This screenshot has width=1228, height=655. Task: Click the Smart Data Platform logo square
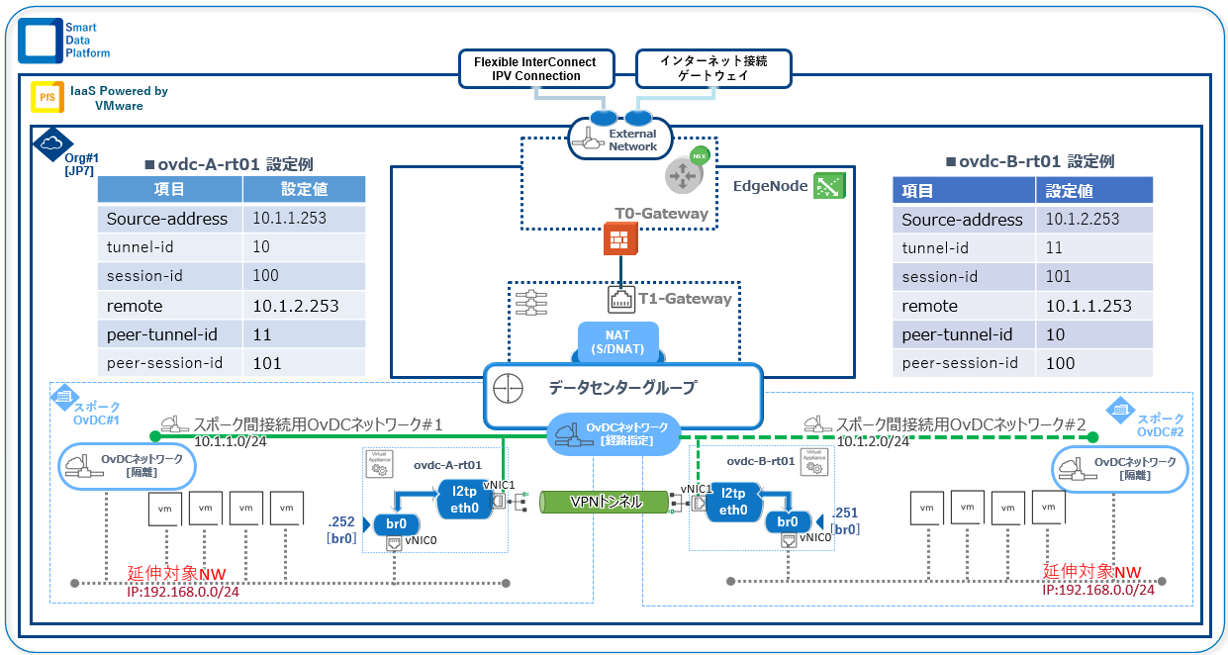pyautogui.click(x=39, y=39)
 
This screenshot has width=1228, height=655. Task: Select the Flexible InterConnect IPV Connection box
pyautogui.click(x=534, y=68)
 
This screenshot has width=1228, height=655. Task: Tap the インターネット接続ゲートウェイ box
pyautogui.click(x=712, y=68)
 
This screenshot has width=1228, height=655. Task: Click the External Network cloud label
pyautogui.click(x=621, y=140)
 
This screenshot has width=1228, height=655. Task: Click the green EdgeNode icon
pyautogui.click(x=827, y=185)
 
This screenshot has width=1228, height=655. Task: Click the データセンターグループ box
pyautogui.click(x=622, y=388)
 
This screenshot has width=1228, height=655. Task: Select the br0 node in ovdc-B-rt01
pyautogui.click(x=789, y=521)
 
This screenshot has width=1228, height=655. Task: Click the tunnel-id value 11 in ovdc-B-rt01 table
pyautogui.click(x=1054, y=248)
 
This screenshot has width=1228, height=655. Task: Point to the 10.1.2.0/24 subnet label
pyautogui.click(x=873, y=441)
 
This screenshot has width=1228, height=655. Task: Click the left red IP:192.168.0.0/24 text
pyautogui.click(x=183, y=591)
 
